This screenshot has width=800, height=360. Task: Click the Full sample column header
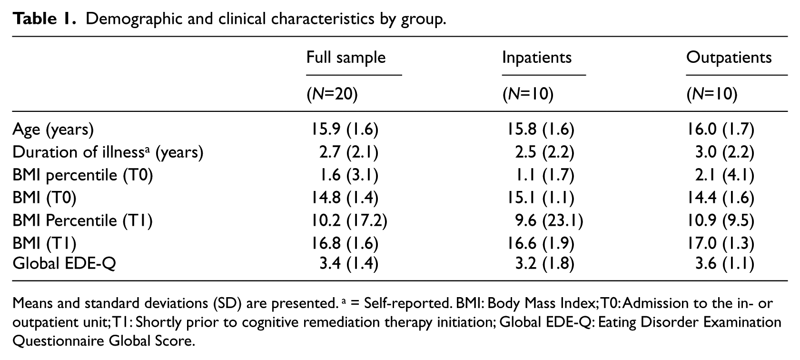(346, 58)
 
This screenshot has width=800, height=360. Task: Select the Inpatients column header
(537, 58)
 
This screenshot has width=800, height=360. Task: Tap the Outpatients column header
(729, 58)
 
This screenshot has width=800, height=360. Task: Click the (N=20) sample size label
(332, 94)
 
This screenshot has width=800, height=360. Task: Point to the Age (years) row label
(53, 130)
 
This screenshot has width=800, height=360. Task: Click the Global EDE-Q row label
(64, 264)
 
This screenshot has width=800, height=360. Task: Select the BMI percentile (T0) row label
(82, 175)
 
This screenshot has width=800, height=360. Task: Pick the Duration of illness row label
(108, 152)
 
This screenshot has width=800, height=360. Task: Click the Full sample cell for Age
(345, 130)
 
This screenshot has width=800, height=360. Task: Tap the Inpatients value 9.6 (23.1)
(549, 221)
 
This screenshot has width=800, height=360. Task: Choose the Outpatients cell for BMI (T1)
(721, 244)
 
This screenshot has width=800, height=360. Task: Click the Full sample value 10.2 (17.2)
(349, 221)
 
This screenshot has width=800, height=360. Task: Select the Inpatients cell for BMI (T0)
(541, 198)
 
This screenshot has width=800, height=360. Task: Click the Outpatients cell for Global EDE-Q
(725, 264)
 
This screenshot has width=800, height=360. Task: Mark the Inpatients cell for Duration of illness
(544, 152)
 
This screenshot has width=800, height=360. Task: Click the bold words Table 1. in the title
(44, 19)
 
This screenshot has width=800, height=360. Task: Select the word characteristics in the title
(323, 19)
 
